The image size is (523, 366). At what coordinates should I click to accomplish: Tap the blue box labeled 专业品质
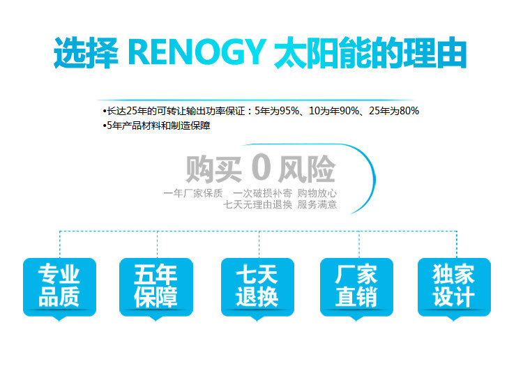click(x=59, y=285)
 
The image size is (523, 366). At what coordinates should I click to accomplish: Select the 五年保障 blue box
click(x=156, y=285)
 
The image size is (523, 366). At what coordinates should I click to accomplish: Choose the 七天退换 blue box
click(x=257, y=285)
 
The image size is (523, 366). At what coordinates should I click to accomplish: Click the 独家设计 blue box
click(x=454, y=285)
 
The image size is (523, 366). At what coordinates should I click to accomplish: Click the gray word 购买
click(x=213, y=169)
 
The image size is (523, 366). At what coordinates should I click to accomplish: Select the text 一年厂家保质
click(x=192, y=193)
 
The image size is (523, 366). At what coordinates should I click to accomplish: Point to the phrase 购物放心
click(x=317, y=193)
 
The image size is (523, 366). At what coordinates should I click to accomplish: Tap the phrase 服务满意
click(x=317, y=204)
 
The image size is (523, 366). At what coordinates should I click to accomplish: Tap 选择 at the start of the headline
click(x=82, y=54)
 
